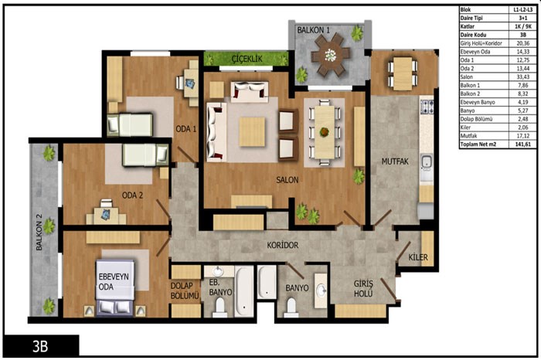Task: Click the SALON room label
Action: click(287, 180)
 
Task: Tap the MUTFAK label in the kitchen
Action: click(395, 161)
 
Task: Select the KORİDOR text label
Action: click(282, 245)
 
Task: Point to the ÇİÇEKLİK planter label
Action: click(247, 59)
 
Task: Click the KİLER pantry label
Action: click(418, 257)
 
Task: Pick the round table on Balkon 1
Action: click(330, 55)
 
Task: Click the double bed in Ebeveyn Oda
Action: click(115, 287)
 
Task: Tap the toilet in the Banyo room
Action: click(291, 308)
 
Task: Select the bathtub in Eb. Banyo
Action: click(244, 292)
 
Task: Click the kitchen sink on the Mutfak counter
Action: click(427, 162)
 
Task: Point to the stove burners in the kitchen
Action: click(427, 107)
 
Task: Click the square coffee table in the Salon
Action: click(252, 132)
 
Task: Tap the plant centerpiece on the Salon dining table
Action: click(325, 132)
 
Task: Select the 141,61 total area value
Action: click(522, 144)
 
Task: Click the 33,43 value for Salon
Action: click(522, 77)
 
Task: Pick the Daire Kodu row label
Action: click(473, 35)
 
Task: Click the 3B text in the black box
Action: click(40, 346)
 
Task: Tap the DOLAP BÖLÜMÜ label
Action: click(185, 290)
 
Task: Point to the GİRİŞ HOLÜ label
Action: click(363, 289)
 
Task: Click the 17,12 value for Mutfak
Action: click(522, 136)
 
